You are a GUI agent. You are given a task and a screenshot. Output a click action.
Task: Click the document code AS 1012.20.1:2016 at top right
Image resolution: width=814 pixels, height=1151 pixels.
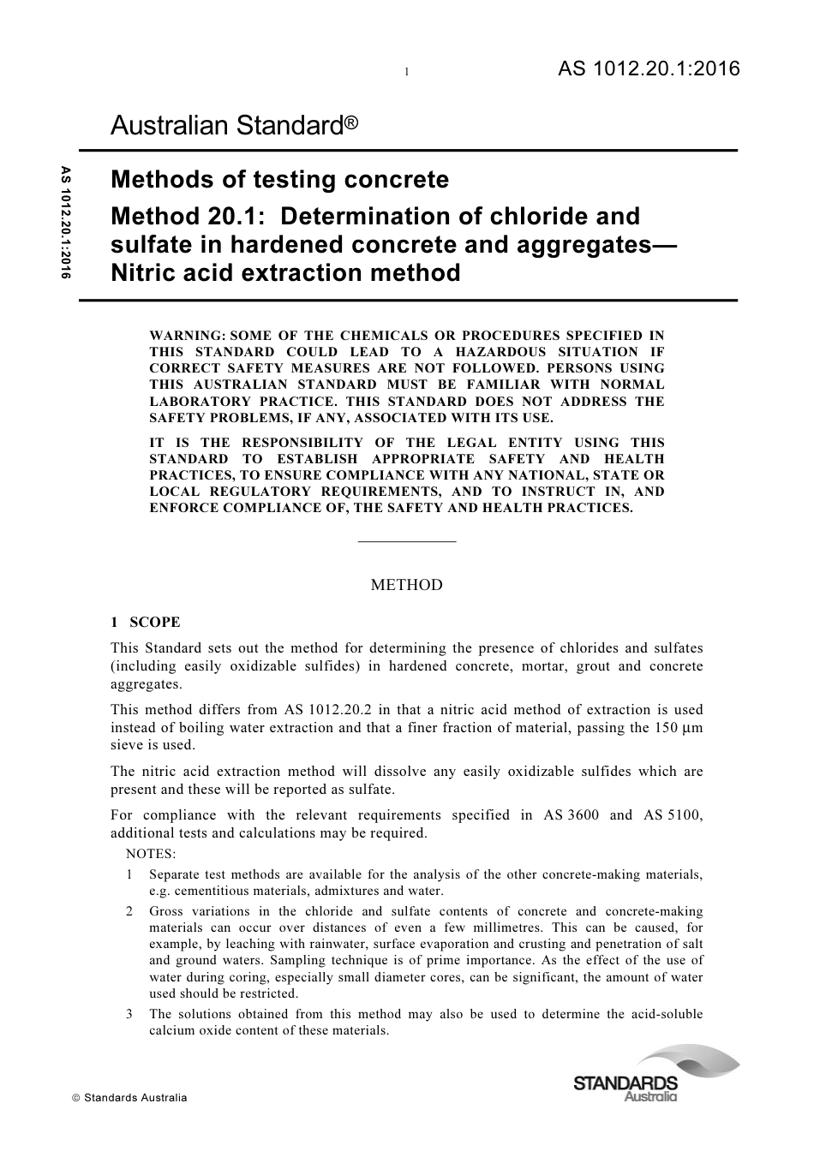tap(648, 69)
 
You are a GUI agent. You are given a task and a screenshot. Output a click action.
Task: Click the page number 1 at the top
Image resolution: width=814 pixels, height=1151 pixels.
tap(406, 72)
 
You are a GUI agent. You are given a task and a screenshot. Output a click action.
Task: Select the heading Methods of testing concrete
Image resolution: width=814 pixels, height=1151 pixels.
tap(280, 180)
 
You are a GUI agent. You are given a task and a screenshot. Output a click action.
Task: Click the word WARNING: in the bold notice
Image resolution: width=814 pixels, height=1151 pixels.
tap(188, 336)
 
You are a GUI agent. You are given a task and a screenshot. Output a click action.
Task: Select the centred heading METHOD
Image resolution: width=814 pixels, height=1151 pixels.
tap(406, 585)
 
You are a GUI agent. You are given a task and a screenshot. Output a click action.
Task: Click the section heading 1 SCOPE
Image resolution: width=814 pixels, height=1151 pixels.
tap(146, 623)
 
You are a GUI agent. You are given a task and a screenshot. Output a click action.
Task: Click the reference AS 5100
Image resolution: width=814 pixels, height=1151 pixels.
tap(673, 814)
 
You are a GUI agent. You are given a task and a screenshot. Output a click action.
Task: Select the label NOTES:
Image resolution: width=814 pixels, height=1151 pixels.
tap(150, 854)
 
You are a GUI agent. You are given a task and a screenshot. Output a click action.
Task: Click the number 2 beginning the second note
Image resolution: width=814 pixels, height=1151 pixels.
tap(129, 911)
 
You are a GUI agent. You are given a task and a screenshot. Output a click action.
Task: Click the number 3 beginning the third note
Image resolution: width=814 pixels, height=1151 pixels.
tap(129, 1014)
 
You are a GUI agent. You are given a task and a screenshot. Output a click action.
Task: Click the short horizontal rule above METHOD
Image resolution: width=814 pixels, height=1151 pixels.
tap(406, 541)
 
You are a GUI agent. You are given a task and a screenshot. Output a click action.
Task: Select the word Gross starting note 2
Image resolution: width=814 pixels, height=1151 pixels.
tap(166, 911)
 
